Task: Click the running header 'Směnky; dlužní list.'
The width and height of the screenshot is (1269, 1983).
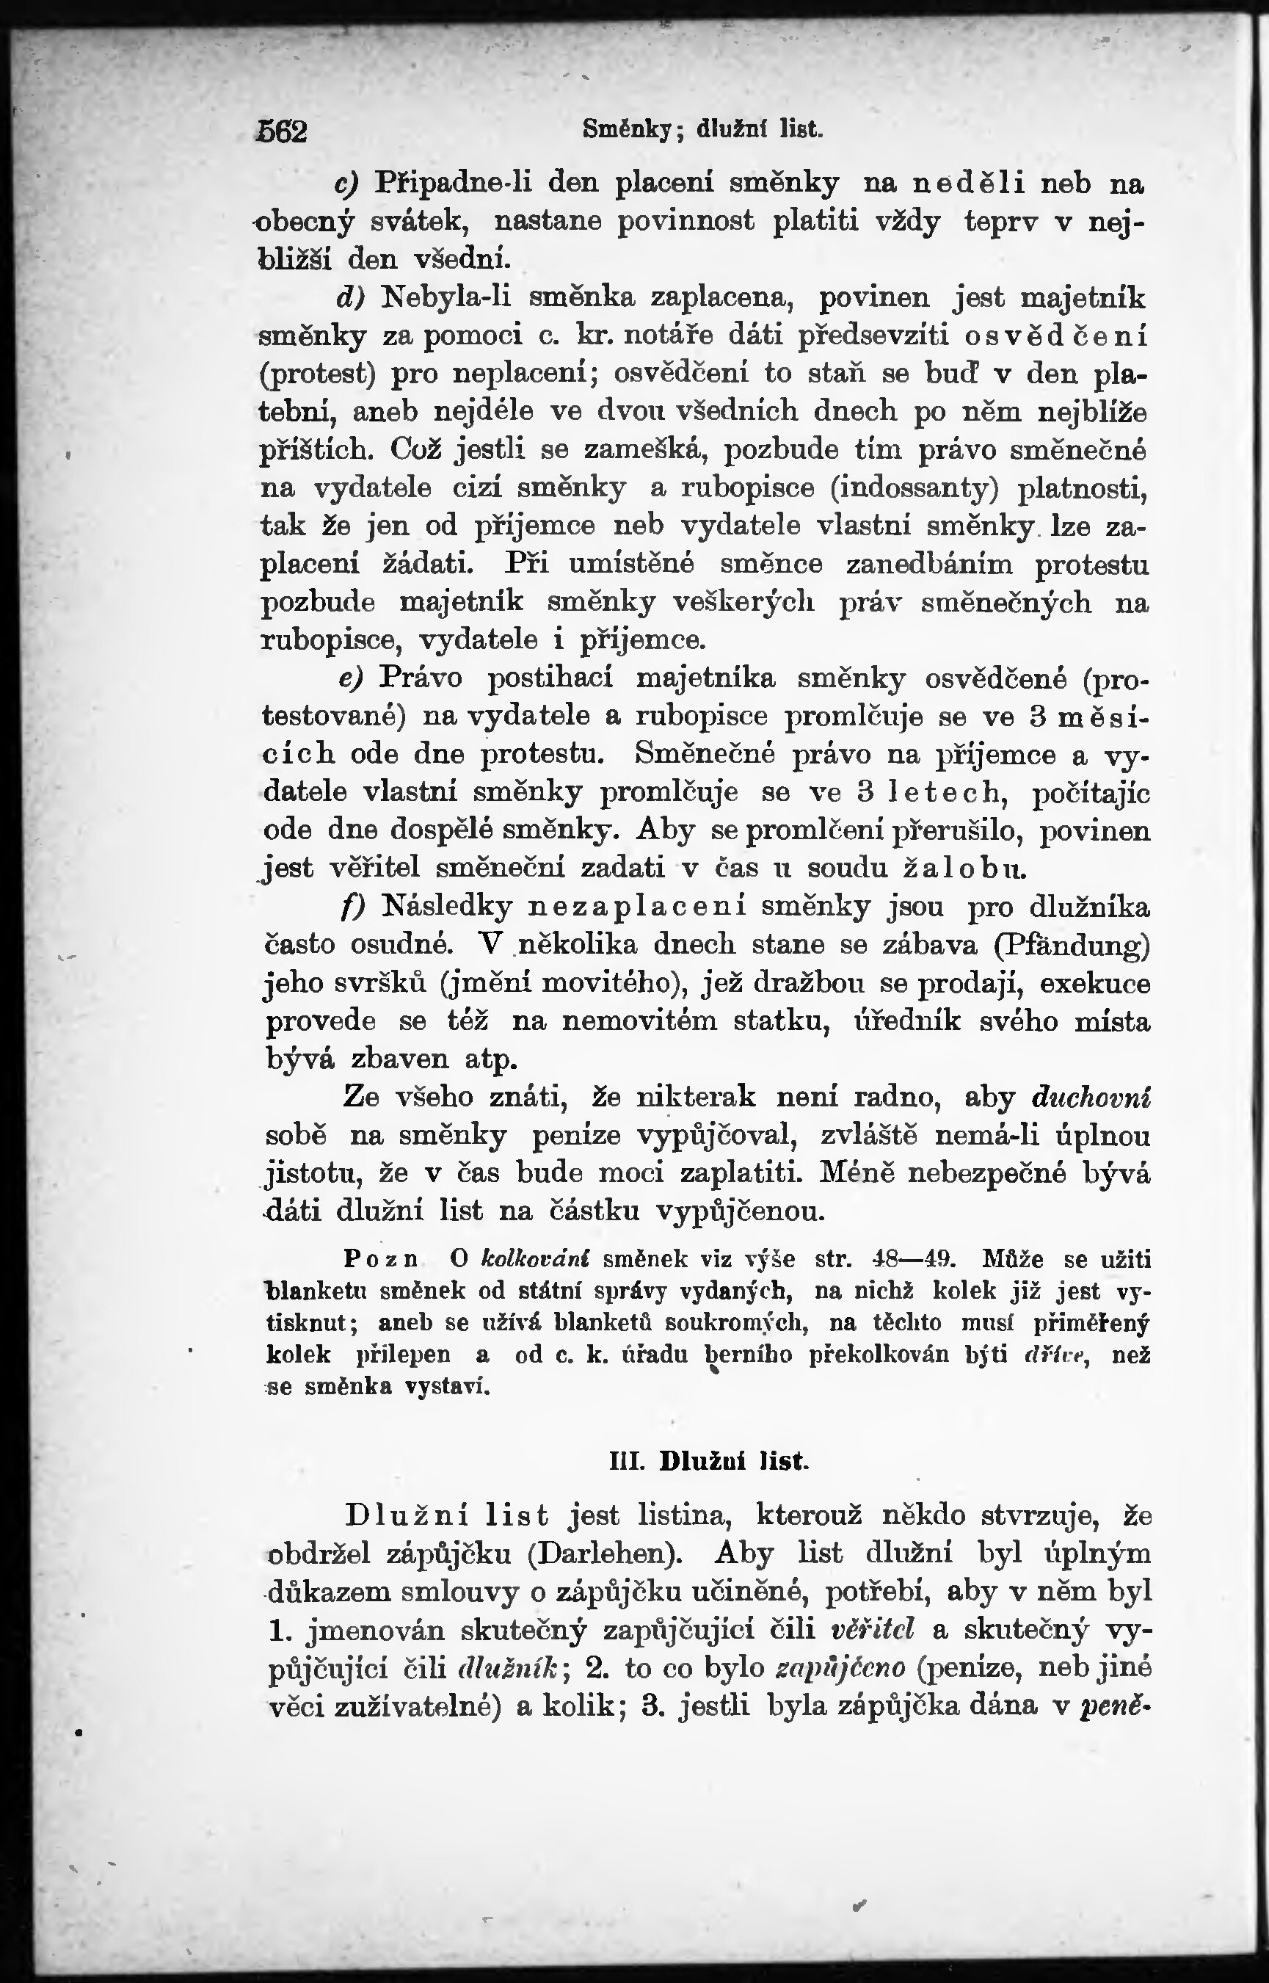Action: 702,129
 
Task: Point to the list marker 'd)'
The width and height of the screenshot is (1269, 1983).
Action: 350,297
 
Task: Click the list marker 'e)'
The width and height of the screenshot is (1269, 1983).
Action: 351,678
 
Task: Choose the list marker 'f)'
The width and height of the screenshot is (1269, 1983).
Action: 353,907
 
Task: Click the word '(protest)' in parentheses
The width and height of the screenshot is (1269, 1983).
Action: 317,375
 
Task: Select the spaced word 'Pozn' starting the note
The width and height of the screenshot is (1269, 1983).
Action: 379,1259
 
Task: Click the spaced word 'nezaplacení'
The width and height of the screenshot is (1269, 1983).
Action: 636,907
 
